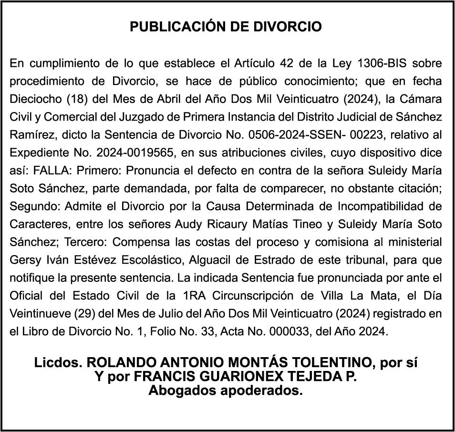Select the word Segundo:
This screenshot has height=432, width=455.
tap(31, 206)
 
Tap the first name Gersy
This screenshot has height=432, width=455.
tap(22, 260)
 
